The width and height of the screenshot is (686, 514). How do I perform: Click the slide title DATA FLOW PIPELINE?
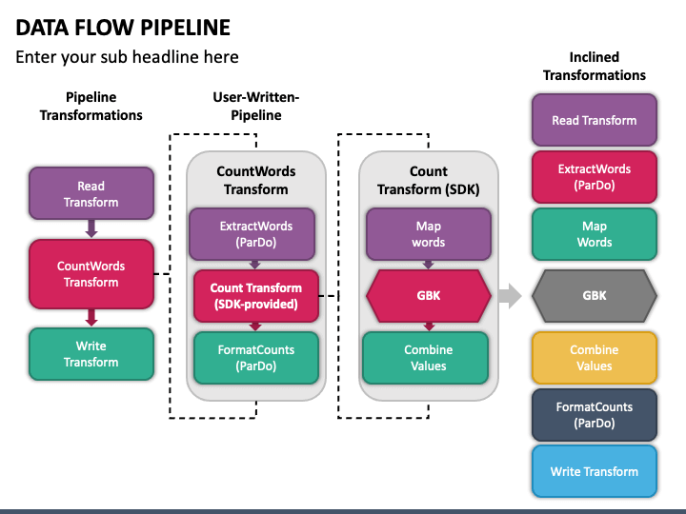(123, 28)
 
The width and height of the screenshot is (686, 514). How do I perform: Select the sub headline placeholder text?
(127, 57)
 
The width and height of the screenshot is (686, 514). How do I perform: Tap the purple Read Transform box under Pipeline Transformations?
(91, 193)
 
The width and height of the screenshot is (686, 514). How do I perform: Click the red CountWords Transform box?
(91, 274)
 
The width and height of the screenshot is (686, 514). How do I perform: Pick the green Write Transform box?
(91, 354)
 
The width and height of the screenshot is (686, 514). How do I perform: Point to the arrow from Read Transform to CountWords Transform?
(91, 228)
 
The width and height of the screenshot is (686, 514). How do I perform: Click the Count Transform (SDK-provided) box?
(256, 296)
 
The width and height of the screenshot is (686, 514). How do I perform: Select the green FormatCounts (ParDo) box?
(256, 358)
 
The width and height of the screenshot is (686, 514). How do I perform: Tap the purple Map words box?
(429, 234)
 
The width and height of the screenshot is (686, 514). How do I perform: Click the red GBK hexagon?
(429, 296)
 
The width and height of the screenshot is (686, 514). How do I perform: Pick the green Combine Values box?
(425, 358)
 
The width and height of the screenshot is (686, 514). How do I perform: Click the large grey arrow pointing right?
(510, 296)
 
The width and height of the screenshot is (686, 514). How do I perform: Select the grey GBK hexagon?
(595, 296)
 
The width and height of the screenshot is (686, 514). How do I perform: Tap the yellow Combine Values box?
(595, 358)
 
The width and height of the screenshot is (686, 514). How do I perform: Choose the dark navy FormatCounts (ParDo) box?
(595, 415)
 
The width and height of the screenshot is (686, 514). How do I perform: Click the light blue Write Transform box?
(595, 471)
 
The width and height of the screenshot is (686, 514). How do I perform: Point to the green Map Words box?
(595, 234)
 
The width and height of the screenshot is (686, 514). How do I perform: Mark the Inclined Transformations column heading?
(595, 66)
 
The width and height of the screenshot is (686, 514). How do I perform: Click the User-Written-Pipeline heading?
(256, 107)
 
